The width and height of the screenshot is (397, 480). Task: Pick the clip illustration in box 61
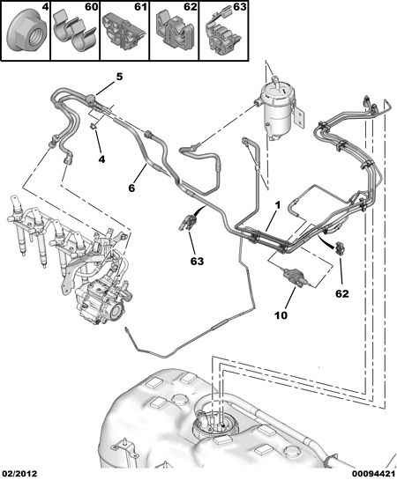124,32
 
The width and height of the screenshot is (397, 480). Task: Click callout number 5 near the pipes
119,77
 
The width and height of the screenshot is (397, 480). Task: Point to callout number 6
131,188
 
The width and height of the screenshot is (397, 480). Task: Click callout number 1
277,206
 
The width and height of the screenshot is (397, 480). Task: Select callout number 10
281,315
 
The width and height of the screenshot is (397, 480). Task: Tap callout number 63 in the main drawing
197,261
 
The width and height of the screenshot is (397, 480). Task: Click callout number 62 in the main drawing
342,293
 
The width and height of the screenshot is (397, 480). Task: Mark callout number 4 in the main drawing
101,159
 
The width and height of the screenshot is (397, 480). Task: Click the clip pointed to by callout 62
341,247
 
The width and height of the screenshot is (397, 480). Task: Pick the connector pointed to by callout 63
188,222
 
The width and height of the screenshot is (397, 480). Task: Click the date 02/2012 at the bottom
19,474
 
